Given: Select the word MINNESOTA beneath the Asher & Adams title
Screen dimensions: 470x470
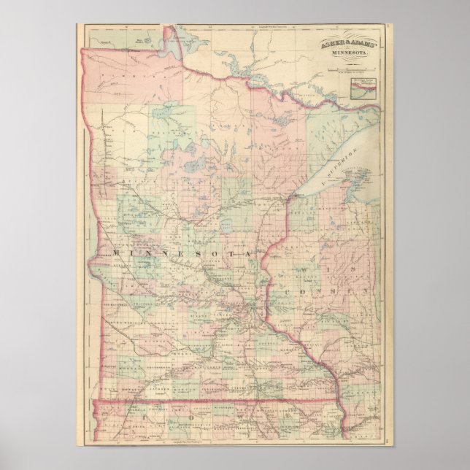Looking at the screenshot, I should pyautogui.click(x=349, y=53).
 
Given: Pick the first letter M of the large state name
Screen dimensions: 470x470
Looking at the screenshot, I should pyautogui.click(x=116, y=252).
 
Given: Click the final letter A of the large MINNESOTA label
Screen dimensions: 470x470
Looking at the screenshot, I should pyautogui.click(x=255, y=252).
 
